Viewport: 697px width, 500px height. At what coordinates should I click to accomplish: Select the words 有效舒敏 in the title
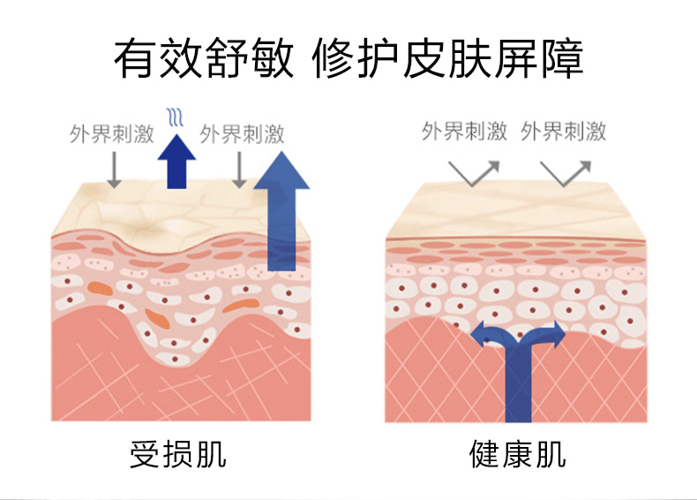pyautogui.click(x=206, y=58)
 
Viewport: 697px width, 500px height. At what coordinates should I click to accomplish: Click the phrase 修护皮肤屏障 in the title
pyautogui.click(x=448, y=58)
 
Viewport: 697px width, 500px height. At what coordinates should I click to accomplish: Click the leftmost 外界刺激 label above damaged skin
pyautogui.click(x=112, y=134)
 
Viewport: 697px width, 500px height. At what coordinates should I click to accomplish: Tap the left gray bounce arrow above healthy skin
pyautogui.click(x=475, y=170)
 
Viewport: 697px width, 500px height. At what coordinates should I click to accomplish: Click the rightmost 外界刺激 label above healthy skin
pyautogui.click(x=564, y=133)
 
